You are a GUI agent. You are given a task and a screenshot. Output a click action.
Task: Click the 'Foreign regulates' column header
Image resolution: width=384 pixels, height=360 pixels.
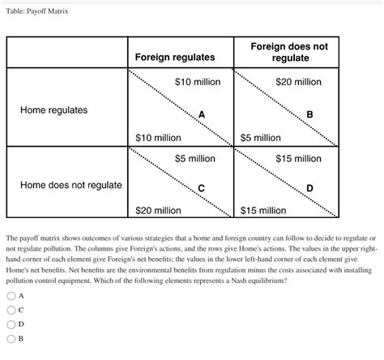point(175,57)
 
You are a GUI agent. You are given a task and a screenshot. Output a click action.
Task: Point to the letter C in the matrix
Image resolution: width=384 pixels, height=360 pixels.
point(202,189)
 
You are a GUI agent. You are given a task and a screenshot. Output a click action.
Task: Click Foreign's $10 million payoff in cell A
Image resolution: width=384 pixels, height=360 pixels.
point(198,83)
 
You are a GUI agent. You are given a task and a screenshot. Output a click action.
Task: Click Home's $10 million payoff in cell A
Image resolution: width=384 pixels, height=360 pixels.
point(158,138)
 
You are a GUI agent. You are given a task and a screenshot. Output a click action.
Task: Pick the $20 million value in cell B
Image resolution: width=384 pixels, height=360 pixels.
point(298,83)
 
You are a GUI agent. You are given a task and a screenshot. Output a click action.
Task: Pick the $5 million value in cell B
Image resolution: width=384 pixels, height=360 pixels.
point(261,138)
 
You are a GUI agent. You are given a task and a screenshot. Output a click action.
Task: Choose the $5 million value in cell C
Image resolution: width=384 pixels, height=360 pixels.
point(194,158)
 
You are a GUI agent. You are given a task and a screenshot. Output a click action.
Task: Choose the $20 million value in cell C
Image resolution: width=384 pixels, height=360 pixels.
point(158,211)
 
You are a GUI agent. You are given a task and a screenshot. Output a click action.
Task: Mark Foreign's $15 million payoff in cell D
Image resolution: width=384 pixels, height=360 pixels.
point(298,158)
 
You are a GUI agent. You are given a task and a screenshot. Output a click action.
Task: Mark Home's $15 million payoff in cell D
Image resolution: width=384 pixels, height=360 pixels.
point(263,211)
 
